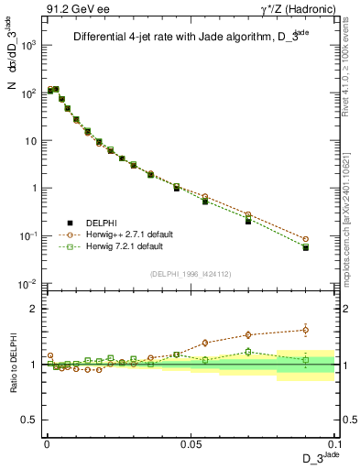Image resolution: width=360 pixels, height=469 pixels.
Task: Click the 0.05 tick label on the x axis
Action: [190, 442]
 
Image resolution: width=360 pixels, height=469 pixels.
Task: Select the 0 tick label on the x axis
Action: [47, 442]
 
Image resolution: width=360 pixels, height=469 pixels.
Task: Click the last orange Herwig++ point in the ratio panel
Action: [305, 330]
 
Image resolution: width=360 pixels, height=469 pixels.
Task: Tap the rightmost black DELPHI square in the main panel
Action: [305, 247]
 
